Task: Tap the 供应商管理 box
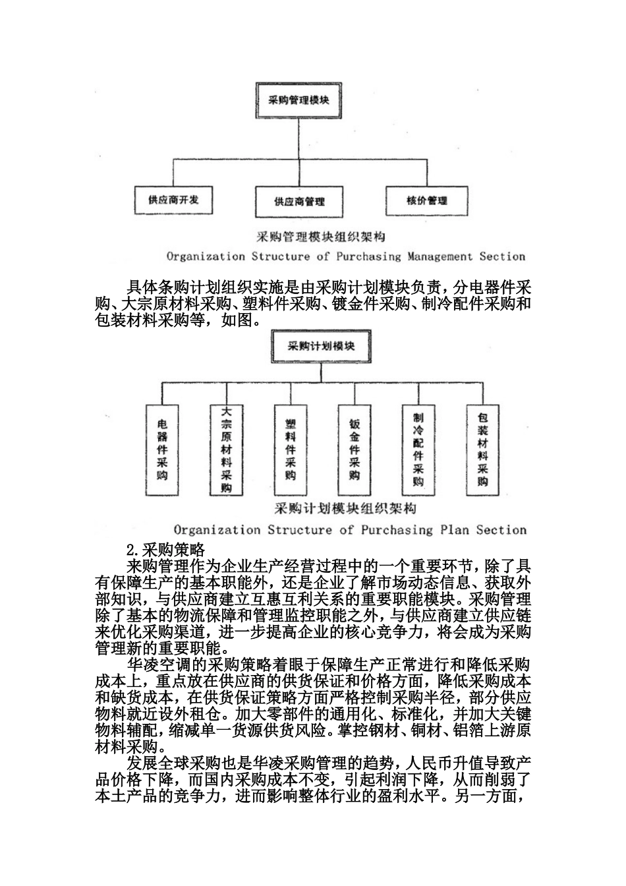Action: [x=300, y=200]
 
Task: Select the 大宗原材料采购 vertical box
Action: [x=226, y=450]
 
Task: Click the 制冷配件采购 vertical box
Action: [x=418, y=450]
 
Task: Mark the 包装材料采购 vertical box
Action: [x=482, y=450]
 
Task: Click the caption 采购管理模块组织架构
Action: [x=320, y=237]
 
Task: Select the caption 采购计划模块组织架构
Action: [x=345, y=509]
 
